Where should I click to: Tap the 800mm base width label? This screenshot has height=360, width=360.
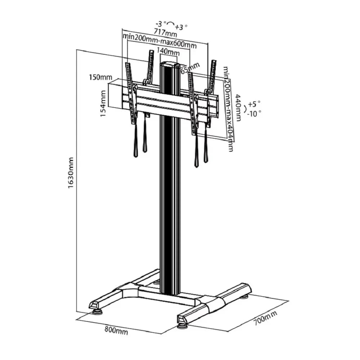(x=116, y=330)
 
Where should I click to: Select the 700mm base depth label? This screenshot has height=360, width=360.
(x=265, y=318)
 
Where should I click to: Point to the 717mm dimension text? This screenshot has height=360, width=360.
(x=165, y=32)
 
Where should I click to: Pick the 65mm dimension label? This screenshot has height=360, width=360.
(x=190, y=68)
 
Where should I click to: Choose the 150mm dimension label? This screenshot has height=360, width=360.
(x=100, y=77)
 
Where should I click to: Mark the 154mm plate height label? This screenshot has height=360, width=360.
(x=103, y=104)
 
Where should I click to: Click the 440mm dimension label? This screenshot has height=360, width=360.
(x=238, y=108)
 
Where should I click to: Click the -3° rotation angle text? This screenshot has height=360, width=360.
(x=161, y=23)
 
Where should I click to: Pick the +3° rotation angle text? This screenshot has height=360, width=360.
(x=181, y=27)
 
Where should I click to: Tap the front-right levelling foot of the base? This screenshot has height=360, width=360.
(x=183, y=326)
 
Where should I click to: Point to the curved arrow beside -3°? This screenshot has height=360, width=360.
(x=171, y=22)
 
